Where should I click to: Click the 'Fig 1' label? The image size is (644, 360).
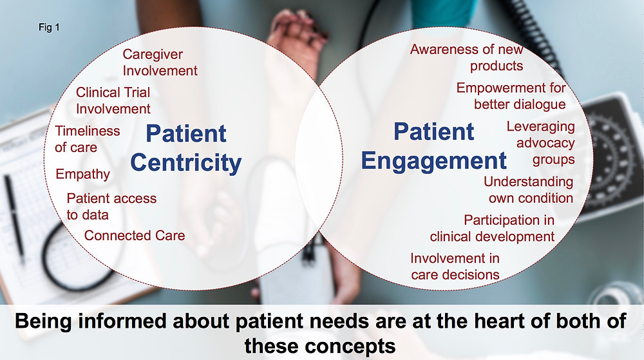coord(49,28)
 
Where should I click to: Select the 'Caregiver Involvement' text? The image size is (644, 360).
coord(160,62)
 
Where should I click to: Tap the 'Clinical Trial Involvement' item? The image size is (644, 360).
coord(113,100)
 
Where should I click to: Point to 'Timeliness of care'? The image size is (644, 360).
coord(88,139)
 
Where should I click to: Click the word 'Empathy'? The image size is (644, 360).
coord(82,174)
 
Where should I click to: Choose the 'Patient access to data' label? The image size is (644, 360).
coord(111,207)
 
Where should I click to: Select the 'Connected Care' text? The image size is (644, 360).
coord(135,236)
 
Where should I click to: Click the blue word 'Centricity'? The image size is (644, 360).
coord(185,162)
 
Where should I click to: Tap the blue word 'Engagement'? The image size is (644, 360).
coord(433,161)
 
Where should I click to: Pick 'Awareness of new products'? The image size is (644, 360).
coord(466,57)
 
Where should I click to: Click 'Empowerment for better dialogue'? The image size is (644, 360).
coord(511,96)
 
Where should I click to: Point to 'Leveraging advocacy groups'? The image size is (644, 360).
coord(540,143)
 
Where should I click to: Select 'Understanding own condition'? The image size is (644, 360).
coord(528,189)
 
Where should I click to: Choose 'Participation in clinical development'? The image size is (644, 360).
coord(492,228)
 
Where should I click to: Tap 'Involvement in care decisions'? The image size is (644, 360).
coord(455,267)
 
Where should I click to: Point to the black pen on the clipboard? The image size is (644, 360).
coord(14,220)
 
